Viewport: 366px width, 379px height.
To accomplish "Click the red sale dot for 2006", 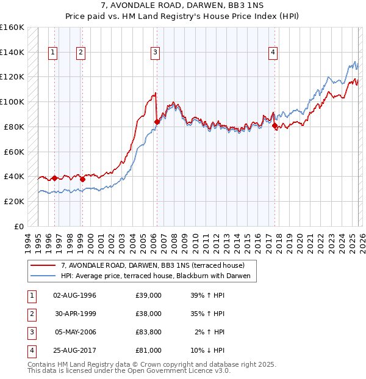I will [x=157, y=122].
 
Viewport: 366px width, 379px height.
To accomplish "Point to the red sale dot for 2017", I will [x=274, y=125].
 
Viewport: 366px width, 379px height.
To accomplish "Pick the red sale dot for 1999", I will [x=82, y=179].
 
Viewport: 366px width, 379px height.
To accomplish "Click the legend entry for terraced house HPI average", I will [x=157, y=276].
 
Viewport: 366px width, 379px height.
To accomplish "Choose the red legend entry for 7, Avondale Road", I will [x=152, y=265].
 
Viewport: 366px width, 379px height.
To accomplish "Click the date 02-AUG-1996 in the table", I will [x=74, y=295].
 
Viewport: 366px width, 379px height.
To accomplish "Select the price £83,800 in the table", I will [x=149, y=332].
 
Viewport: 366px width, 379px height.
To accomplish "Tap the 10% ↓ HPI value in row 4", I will [x=208, y=350].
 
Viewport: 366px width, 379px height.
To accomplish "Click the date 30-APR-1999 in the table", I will [x=74, y=314].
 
